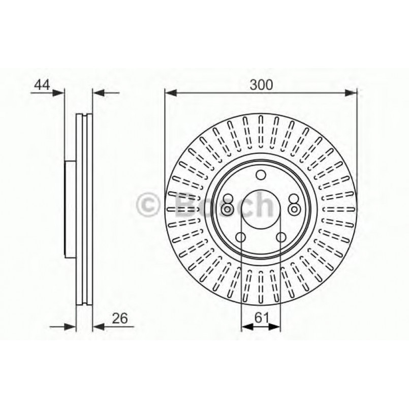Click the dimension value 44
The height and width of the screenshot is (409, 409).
pos(42,85)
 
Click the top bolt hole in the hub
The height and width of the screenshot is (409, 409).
pos(261,176)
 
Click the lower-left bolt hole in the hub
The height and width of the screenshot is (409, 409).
pos(241,237)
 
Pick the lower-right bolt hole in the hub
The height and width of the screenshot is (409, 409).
pos(281,237)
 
